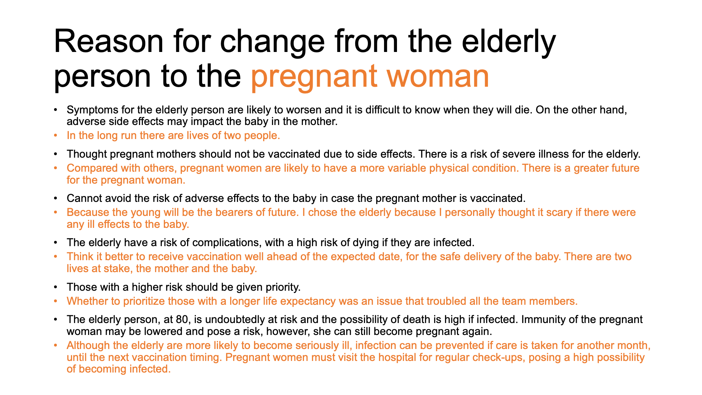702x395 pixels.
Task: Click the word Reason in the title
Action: click(109, 41)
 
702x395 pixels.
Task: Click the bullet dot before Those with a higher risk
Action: click(55, 288)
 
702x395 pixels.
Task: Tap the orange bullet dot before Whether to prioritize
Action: click(55, 302)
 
